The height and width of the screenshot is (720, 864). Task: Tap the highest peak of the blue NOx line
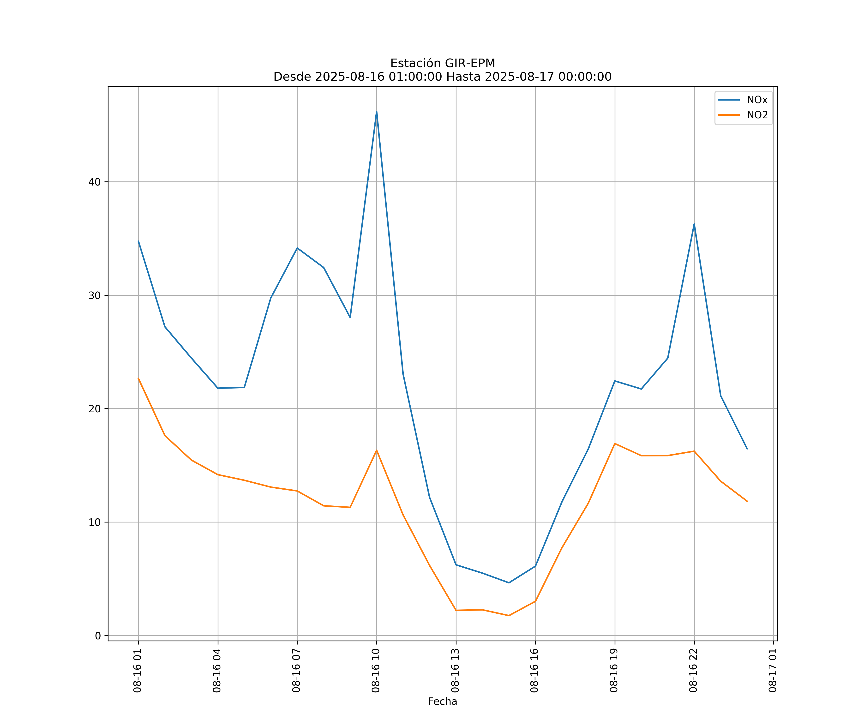377,112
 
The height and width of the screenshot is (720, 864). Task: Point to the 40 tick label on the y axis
95,182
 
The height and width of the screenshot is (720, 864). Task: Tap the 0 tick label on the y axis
98,636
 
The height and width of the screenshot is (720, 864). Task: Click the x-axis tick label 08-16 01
138,671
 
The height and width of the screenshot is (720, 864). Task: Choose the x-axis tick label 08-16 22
693,671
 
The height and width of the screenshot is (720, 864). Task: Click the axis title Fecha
442,702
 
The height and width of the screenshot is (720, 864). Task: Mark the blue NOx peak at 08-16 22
694,224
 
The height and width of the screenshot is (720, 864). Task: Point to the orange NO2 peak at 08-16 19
615,444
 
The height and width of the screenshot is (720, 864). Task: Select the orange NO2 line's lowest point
509,616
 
